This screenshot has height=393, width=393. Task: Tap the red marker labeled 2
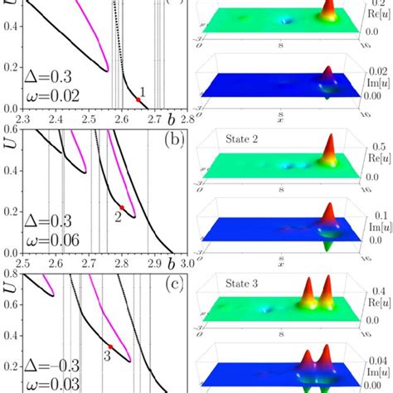(122, 206)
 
